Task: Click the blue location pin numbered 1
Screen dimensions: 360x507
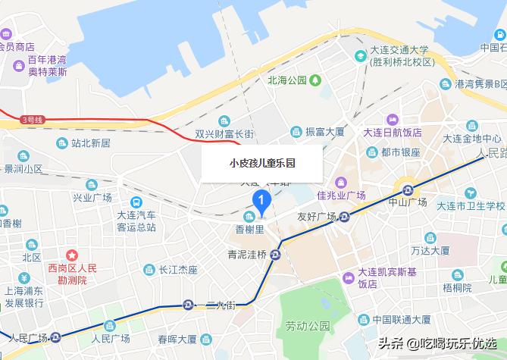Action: (261, 200)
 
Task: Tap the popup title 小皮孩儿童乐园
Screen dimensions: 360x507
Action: (262, 163)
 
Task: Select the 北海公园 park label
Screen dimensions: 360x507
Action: (286, 80)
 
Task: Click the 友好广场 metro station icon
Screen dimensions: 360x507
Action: (345, 218)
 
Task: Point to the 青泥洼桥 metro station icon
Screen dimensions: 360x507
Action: (276, 254)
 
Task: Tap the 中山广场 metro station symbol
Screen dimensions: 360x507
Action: (408, 189)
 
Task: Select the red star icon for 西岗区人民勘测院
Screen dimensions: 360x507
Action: (72, 255)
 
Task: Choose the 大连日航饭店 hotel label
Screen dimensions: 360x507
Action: (392, 132)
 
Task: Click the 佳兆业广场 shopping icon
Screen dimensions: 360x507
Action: (340, 182)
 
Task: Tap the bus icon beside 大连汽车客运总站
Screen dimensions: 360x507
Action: (136, 202)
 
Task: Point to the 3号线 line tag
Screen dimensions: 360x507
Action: (33, 120)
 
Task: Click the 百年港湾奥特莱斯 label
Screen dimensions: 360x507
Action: (47, 66)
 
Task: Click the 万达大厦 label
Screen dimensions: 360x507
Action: (430, 249)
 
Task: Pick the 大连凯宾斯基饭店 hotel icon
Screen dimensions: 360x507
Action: (348, 277)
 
